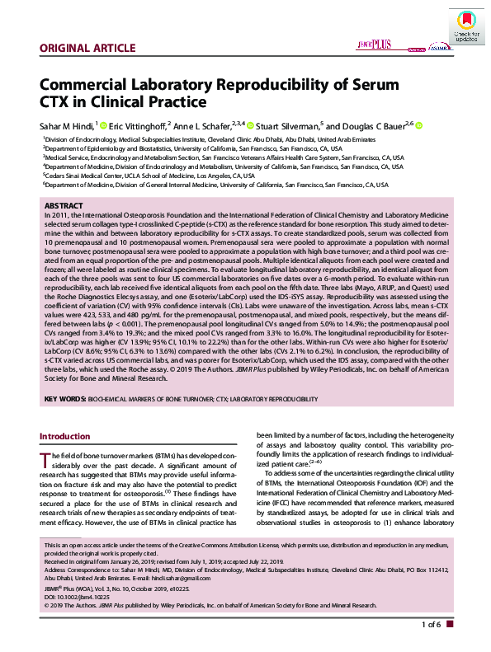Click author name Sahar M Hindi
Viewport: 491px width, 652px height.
pyautogui.click(x=67, y=125)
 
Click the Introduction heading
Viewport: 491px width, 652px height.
pyautogui.click(x=73, y=435)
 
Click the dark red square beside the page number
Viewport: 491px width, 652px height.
pyautogui.click(x=450, y=624)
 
